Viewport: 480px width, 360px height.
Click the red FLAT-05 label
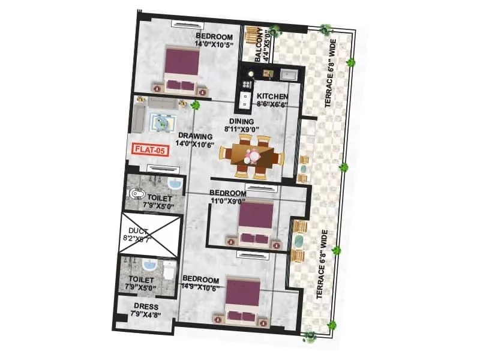148,151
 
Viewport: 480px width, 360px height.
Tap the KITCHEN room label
272,96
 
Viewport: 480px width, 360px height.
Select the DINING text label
242,121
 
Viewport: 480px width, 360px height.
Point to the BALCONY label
259,43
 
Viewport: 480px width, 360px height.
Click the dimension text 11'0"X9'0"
227,200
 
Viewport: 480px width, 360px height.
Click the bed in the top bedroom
182,70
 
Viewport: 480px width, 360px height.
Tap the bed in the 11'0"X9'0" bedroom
256,222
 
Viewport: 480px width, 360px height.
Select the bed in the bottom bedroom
243,301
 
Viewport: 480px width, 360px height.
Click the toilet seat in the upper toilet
136,194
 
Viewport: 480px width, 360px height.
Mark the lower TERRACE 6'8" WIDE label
324,264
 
